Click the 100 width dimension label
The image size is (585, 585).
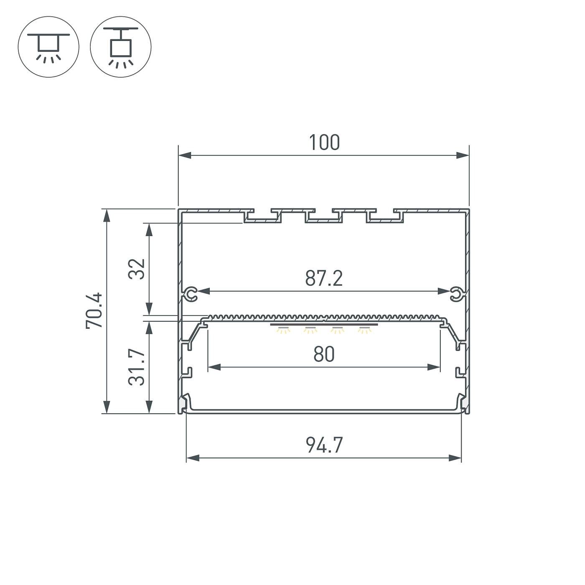(x=324, y=142)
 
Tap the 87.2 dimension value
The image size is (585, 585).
(x=324, y=279)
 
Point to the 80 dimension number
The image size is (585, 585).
(x=324, y=355)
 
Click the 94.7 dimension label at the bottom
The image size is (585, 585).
(x=324, y=445)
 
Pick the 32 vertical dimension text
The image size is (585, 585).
(x=137, y=269)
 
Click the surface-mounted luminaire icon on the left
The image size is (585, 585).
(x=48, y=47)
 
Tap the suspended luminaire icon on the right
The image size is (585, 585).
(x=121, y=47)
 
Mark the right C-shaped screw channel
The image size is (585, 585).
(x=456, y=294)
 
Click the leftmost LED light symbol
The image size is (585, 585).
(x=283, y=330)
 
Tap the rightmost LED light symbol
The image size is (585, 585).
(x=364, y=330)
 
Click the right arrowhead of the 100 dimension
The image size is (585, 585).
(x=462, y=155)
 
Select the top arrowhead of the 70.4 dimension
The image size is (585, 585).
(x=107, y=216)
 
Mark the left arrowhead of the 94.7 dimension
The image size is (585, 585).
(x=192, y=458)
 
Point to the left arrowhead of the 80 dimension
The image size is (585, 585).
(x=214, y=367)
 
